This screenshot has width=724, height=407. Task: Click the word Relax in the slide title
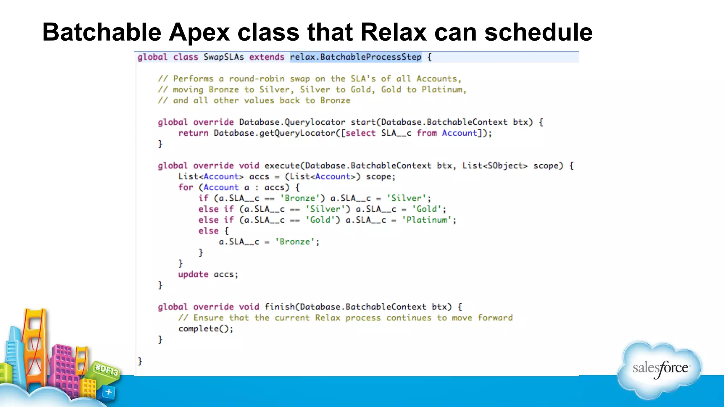tap(393, 33)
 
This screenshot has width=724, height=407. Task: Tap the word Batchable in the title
tap(102, 33)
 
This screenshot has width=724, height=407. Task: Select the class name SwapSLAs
tap(223, 57)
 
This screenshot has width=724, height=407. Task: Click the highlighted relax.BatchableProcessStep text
tap(356, 57)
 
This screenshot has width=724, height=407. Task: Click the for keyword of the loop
tap(186, 187)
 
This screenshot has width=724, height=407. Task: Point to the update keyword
tap(193, 275)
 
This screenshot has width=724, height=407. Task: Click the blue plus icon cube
tap(109, 392)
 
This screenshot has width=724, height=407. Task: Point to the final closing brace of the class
tap(140, 361)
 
